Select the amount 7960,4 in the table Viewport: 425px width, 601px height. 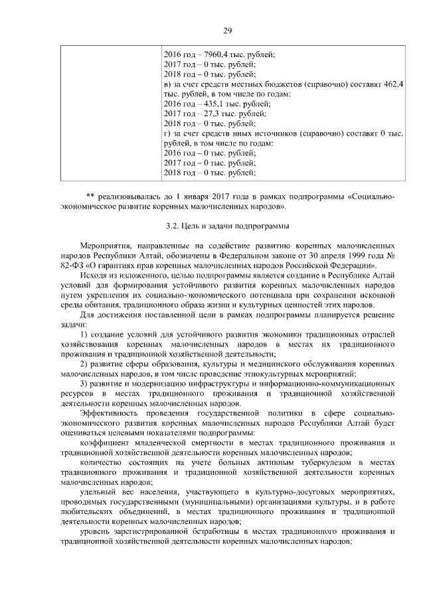209,54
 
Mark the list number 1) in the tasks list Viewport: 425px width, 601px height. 84,333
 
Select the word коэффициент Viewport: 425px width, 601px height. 104,442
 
